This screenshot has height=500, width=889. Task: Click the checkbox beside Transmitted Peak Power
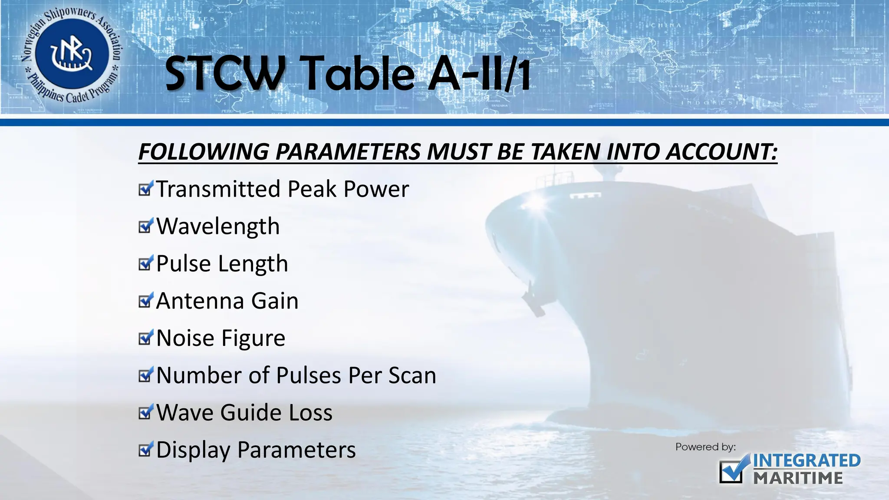pyautogui.click(x=145, y=189)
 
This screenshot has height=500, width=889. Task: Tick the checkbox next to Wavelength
pyautogui.click(x=145, y=226)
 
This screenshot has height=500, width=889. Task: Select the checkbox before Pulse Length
pyautogui.click(x=145, y=263)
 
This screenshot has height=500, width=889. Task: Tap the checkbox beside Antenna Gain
pyautogui.click(x=145, y=301)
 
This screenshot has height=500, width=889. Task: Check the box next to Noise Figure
pyautogui.click(x=145, y=338)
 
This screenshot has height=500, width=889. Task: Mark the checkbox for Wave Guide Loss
pyautogui.click(x=145, y=413)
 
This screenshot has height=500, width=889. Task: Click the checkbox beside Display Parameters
pyautogui.click(x=145, y=450)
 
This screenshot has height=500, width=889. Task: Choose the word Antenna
pyautogui.click(x=199, y=301)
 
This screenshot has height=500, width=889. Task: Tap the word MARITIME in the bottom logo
pyautogui.click(x=798, y=478)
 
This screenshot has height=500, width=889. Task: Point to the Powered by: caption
pyautogui.click(x=705, y=447)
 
